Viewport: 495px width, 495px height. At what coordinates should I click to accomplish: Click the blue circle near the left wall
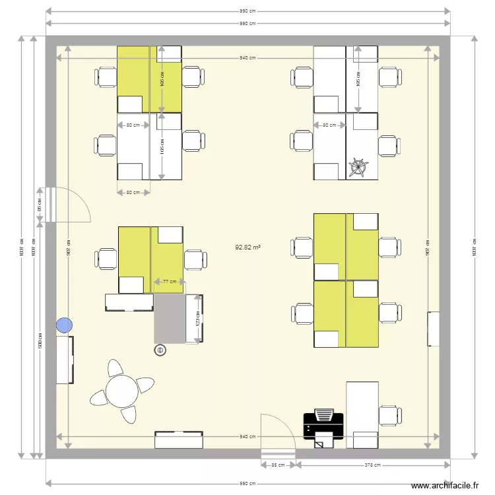tap(64, 325)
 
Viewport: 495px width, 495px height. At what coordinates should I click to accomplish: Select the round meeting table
tap(122, 391)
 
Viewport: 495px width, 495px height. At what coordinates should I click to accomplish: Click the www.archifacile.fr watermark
tap(445, 486)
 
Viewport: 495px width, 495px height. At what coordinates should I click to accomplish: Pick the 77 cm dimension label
tap(170, 282)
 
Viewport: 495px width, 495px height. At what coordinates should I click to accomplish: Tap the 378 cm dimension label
tap(372, 465)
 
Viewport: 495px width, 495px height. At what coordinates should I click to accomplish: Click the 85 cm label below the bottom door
tap(278, 465)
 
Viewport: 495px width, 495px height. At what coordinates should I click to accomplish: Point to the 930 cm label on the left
tap(40, 341)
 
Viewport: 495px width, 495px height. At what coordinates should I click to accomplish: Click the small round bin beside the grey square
tap(159, 350)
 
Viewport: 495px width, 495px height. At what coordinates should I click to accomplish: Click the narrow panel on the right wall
tap(433, 329)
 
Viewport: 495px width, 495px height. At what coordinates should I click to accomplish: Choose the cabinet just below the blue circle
tap(65, 360)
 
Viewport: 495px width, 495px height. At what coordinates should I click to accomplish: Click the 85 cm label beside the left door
tap(40, 205)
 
